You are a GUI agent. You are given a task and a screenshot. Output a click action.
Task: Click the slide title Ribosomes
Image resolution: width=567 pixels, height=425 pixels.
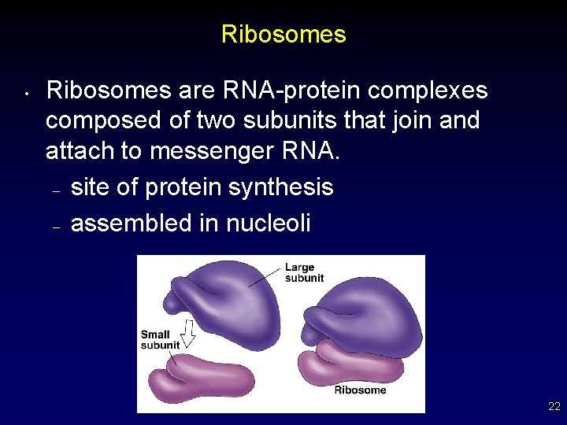pos(283,35)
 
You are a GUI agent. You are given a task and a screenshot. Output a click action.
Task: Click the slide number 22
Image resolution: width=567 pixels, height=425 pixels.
pos(554,407)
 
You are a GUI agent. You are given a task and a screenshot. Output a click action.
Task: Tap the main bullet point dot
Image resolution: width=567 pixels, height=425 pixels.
pos(26,95)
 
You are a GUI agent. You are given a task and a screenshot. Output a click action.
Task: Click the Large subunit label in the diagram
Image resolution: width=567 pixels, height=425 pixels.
pos(304,272)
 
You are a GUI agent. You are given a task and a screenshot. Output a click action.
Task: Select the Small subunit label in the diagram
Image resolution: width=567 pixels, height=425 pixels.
pos(160,340)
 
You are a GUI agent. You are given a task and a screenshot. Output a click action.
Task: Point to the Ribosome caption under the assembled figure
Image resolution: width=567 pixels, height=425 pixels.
pos(360,390)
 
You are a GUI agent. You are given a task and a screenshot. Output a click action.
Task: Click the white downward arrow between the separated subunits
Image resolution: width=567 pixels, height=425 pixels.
pos(188,332)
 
